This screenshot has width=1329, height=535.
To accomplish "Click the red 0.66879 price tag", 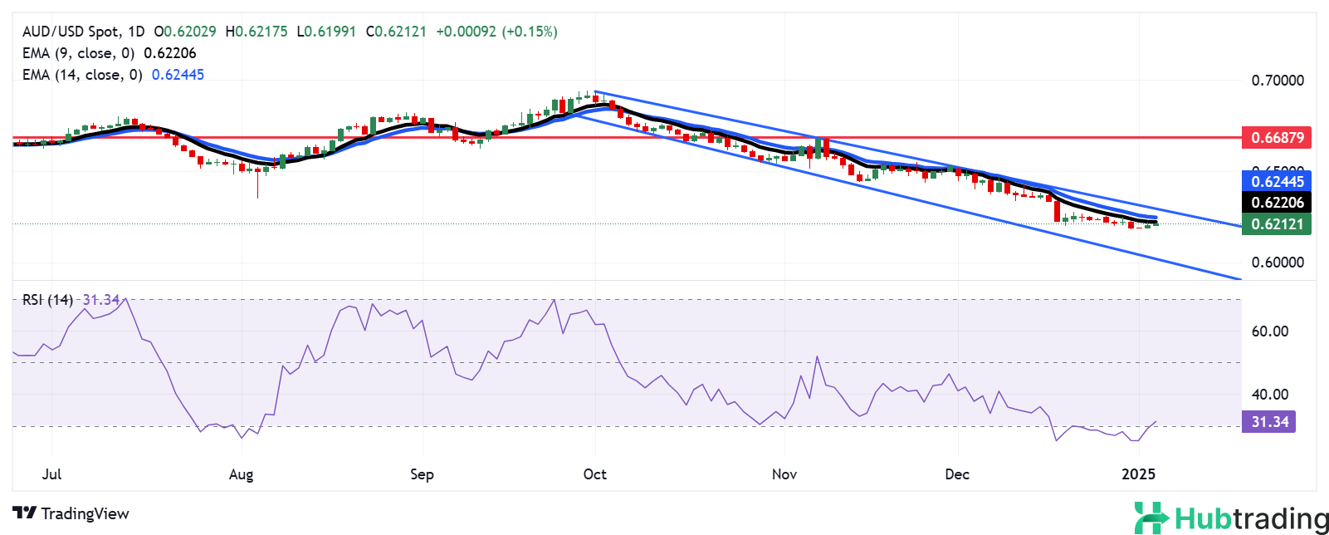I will [x=1276, y=138].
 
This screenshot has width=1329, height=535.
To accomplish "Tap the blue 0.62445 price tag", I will [x=1276, y=181].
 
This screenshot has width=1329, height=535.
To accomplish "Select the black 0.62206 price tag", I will [x=1276, y=202].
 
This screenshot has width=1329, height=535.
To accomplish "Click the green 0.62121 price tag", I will [x=1276, y=223].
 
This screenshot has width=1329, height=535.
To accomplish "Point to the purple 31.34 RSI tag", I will [x=1269, y=422].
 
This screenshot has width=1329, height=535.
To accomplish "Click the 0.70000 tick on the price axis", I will [x=1277, y=81].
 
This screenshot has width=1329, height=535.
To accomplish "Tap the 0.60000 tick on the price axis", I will [x=1277, y=263].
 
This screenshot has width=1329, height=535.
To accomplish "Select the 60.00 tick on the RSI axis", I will [x=1269, y=331].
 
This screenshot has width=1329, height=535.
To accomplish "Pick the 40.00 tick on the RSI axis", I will [x=1269, y=395].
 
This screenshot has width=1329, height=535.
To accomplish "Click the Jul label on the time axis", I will [x=51, y=474].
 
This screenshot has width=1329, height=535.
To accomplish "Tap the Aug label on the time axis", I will [x=241, y=474].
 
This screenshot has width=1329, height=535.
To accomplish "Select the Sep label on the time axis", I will [x=422, y=474].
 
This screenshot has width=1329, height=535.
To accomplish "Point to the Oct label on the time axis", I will [x=594, y=474].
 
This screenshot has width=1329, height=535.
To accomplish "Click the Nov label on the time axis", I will [x=784, y=474].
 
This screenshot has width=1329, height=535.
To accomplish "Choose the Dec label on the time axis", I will [x=957, y=474].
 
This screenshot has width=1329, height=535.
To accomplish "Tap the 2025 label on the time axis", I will [x=1138, y=474].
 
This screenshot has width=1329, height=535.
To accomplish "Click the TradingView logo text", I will [x=71, y=513].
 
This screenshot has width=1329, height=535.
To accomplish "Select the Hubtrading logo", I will [x=1231, y=518].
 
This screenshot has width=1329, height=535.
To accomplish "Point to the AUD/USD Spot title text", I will [x=71, y=32].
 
